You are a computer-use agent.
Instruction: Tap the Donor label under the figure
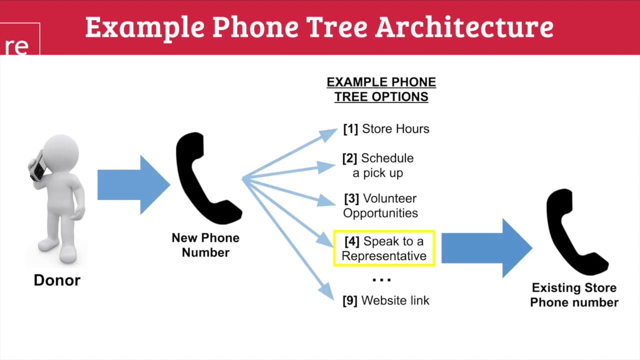click(57, 280)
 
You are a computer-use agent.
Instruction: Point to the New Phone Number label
click(205, 245)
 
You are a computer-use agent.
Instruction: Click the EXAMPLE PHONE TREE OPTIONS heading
click(381, 89)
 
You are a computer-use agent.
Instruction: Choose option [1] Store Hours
click(386, 129)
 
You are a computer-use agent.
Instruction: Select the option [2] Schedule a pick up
click(378, 165)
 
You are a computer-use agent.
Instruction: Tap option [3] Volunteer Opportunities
click(380, 205)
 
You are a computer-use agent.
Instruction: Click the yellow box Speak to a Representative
click(384, 248)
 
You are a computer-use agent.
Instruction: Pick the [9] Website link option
click(386, 300)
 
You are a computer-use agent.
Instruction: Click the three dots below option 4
click(381, 279)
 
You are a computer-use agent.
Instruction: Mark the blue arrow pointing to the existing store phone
click(485, 248)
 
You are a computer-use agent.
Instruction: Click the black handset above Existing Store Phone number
click(575, 232)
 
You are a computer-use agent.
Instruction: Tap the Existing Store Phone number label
click(574, 295)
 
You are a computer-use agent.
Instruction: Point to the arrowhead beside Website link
click(326, 291)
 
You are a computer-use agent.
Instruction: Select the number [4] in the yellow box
click(352, 241)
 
